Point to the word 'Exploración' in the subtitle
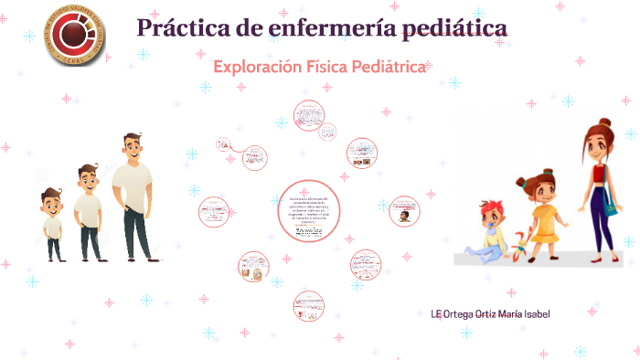point(257,68)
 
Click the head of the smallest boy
point(51,200)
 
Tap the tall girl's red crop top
point(598,174)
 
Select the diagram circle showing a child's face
point(402,213)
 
